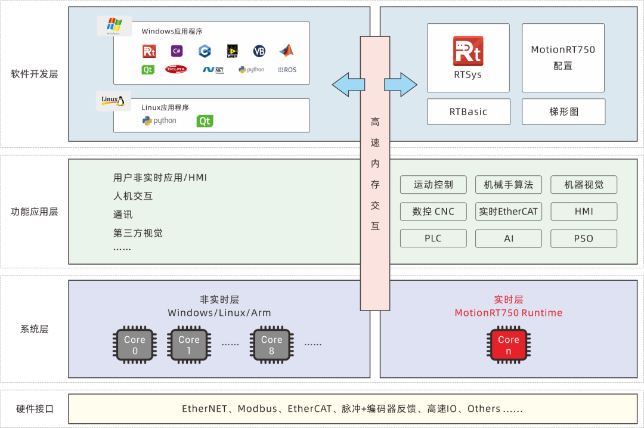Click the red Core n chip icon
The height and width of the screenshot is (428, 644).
pyautogui.click(x=508, y=345)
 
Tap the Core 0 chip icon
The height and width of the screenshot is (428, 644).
pyautogui.click(x=134, y=345)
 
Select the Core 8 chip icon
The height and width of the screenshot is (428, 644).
pyautogui.click(x=271, y=345)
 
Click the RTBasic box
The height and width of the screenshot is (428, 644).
pyautogui.click(x=468, y=111)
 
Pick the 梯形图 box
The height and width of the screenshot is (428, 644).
pyautogui.click(x=563, y=111)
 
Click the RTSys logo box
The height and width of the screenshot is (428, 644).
pyautogui.click(x=468, y=58)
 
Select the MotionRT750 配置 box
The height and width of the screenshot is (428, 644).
pyautogui.click(x=563, y=58)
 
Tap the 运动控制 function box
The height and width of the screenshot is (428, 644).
pyautogui.click(x=433, y=185)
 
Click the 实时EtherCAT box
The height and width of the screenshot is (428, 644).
pyautogui.click(x=508, y=212)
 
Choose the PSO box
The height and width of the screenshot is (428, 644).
pyautogui.click(x=583, y=238)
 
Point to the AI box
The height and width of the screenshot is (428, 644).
pyautogui.click(x=508, y=238)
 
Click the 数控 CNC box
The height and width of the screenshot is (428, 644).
pyautogui.click(x=433, y=212)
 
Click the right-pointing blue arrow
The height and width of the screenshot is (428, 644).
pyautogui.click(x=401, y=84)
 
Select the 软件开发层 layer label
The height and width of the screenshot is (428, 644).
pyautogui.click(x=35, y=75)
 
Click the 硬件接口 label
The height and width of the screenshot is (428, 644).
pyautogui.click(x=35, y=409)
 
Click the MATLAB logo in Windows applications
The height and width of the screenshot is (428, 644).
pyautogui.click(x=287, y=51)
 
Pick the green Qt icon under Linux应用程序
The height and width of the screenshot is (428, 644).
pyautogui.click(x=205, y=121)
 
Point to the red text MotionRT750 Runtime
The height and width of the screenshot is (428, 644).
pyautogui.click(x=508, y=313)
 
